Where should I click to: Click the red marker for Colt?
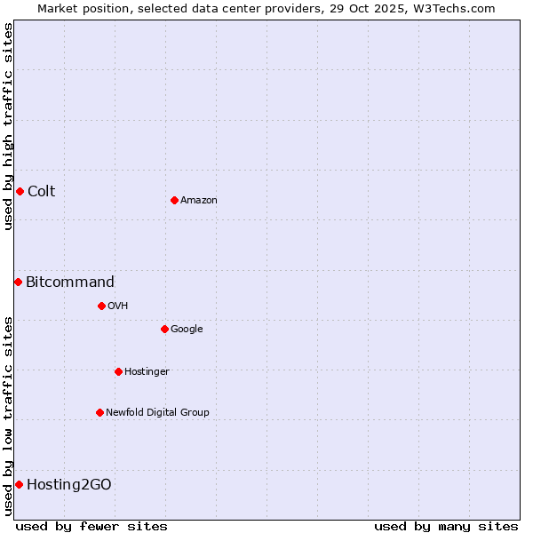20,191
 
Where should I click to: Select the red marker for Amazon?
174,200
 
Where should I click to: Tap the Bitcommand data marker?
18,282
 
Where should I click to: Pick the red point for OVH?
101,306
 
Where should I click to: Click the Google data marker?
164,329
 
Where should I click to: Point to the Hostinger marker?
118,371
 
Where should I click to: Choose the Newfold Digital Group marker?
99,412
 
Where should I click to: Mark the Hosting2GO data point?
19,484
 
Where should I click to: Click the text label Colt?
41,191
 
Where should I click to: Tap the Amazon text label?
198,200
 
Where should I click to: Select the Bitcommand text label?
69,282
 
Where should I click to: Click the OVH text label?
117,306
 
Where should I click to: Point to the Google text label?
187,329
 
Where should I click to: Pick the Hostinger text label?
147,371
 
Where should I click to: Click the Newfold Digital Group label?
157,412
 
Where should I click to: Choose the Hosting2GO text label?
68,484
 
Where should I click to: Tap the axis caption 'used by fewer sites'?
91,526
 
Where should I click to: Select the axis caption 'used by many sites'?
446,526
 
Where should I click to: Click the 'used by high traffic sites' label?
8,126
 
